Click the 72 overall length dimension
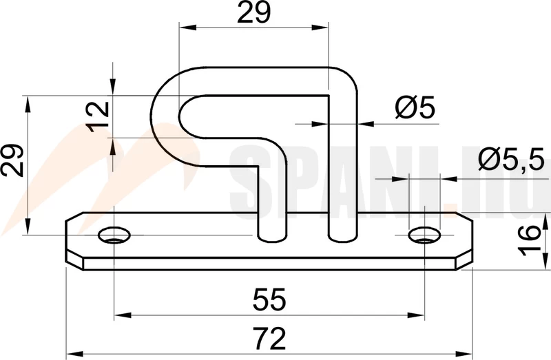[x=269, y=339]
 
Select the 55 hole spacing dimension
[x=269, y=299]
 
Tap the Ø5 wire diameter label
[x=415, y=107]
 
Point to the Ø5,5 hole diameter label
[x=511, y=160]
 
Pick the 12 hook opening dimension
[x=98, y=116]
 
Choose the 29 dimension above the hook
[x=254, y=12]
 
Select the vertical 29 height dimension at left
[x=12, y=160]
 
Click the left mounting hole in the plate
[x=114, y=235]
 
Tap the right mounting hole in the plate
[x=424, y=235]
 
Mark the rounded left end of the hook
[x=165, y=116]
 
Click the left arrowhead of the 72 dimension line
[x=74, y=354]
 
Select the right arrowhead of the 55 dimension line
[x=416, y=315]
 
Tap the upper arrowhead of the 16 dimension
[x=545, y=222]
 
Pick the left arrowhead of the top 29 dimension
[x=187, y=27]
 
